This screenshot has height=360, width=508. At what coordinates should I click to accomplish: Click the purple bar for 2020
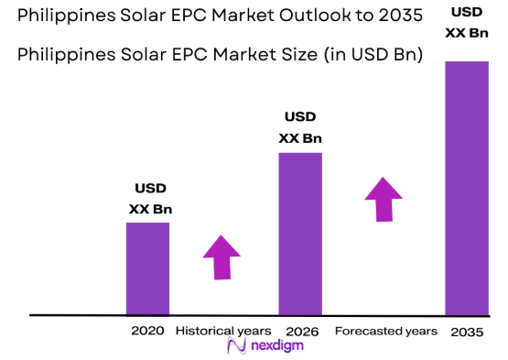coord(147,267)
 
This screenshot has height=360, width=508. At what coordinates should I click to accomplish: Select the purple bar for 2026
coord(300,233)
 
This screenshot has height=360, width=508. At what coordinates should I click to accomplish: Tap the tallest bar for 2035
coord(466,188)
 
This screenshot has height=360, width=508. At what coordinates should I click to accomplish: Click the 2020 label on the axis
coord(147,330)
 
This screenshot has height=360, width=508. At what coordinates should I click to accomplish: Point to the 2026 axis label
coord(301,330)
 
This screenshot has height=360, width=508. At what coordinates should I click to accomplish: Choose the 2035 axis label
coord(467,331)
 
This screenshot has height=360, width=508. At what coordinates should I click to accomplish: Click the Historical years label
coord(222,330)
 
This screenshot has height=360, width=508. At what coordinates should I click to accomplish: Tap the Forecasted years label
coord(385,330)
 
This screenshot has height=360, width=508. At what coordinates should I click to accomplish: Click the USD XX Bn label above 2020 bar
coord(150,199)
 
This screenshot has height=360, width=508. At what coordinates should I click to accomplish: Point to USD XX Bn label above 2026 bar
coord(300,127)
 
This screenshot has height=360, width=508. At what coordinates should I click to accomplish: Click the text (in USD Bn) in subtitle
coord(370,54)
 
